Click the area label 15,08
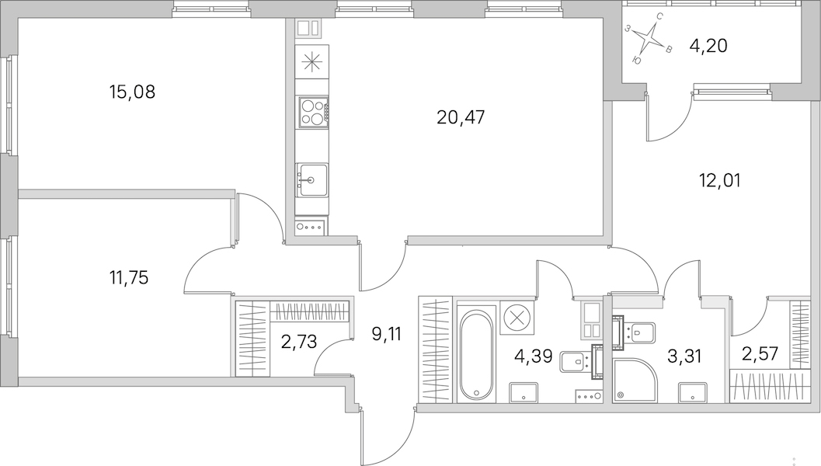point(133,92)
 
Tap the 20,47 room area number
point(461,117)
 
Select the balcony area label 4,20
point(708,46)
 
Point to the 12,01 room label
point(719,181)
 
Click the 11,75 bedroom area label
point(129,277)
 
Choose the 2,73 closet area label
point(299,342)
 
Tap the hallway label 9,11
point(386,333)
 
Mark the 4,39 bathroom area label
point(534,356)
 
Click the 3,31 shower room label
point(684,356)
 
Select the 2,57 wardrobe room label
point(760,354)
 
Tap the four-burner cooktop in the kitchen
point(312,112)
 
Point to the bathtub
point(476,356)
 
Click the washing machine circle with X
point(517,318)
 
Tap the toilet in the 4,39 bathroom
point(576,360)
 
